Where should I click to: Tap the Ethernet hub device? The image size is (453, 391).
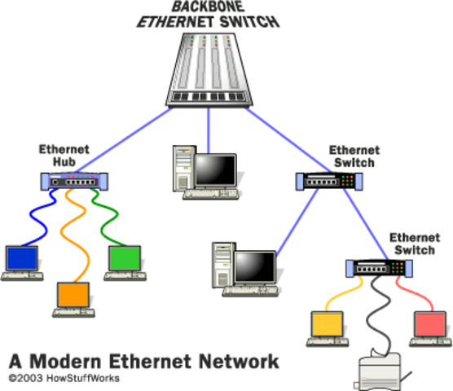[70, 182]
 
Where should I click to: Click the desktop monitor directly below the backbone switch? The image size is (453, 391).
[214, 169]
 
